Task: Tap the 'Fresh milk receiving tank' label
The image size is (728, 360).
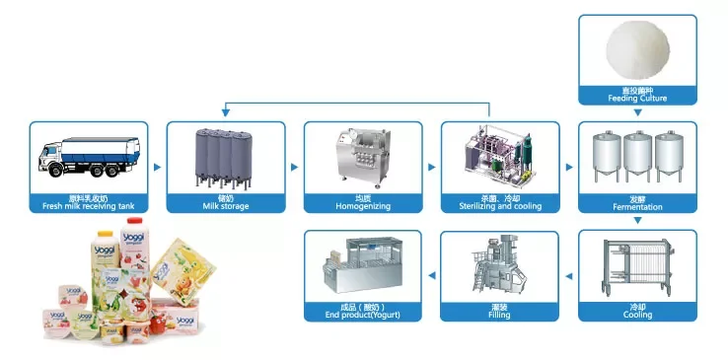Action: click(x=88, y=206)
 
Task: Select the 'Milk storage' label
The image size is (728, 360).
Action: click(x=225, y=206)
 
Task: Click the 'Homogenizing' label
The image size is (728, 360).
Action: click(x=362, y=206)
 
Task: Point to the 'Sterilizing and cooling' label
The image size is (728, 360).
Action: click(x=499, y=206)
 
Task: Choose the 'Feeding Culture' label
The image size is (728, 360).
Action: click(x=636, y=99)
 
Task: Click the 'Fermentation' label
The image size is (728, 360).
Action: click(x=636, y=207)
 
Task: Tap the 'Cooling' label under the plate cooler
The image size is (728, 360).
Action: click(x=636, y=315)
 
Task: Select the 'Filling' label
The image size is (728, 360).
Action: click(x=499, y=315)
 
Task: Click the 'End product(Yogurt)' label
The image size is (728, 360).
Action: click(x=362, y=315)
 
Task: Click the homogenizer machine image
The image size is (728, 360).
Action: click(x=362, y=158)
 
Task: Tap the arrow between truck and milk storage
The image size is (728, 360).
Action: click(x=157, y=168)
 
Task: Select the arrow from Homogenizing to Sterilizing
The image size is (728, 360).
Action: click(x=431, y=168)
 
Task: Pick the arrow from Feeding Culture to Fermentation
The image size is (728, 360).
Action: click(x=637, y=112)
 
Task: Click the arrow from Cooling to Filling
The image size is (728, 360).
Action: click(x=568, y=276)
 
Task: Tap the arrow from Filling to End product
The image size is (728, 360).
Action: click(x=431, y=276)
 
